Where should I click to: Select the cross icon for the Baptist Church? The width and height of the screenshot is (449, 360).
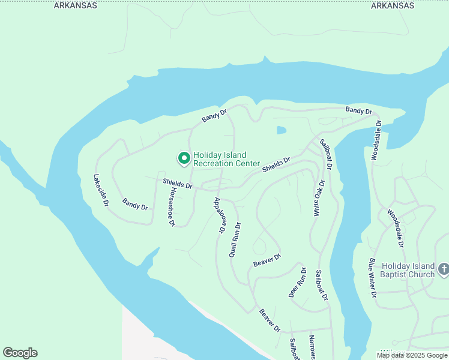[444, 269]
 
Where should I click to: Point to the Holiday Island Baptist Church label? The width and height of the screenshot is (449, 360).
[408, 270]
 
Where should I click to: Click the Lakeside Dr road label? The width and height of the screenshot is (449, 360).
[100, 190]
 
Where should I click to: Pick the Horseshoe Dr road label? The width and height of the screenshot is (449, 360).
[172, 206]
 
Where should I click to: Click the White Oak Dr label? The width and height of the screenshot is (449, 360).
[319, 198]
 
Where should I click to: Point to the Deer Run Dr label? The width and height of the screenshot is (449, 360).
[298, 282]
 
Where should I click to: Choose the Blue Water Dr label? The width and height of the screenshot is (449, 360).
[372, 278]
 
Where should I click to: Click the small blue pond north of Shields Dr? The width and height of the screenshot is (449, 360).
[282, 130]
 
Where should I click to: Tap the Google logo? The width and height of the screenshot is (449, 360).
[20, 353]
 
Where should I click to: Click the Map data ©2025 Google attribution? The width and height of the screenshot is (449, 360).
[412, 355]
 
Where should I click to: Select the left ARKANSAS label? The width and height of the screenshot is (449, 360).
[75, 5]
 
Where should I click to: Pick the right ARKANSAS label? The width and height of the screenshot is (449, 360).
[393, 5]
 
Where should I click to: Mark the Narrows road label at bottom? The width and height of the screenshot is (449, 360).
[312, 347]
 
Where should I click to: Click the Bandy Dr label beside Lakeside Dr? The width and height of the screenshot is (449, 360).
[135, 204]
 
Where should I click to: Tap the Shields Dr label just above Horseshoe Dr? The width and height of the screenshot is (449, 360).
[177, 184]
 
